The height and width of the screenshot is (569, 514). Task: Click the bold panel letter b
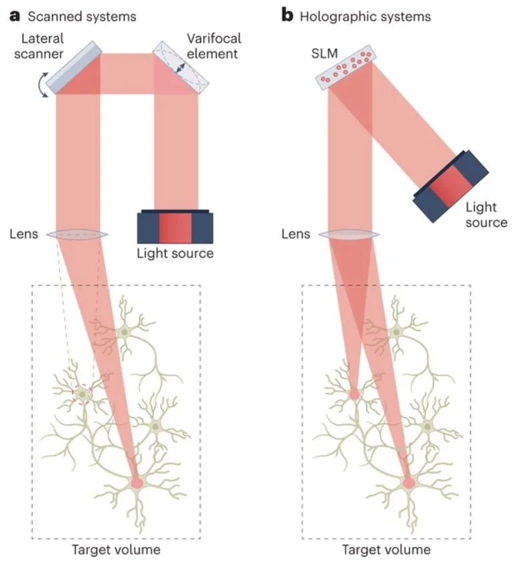288,15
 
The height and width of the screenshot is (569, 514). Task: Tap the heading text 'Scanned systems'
82,16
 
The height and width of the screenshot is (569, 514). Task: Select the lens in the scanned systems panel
79,234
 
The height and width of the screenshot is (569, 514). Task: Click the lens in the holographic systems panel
349,234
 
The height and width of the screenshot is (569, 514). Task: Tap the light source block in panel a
175,228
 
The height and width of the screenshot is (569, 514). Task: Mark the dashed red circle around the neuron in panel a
83,395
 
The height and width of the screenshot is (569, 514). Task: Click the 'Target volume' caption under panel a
116,550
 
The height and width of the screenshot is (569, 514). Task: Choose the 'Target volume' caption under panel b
386,550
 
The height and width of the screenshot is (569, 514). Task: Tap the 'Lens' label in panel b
295,234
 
